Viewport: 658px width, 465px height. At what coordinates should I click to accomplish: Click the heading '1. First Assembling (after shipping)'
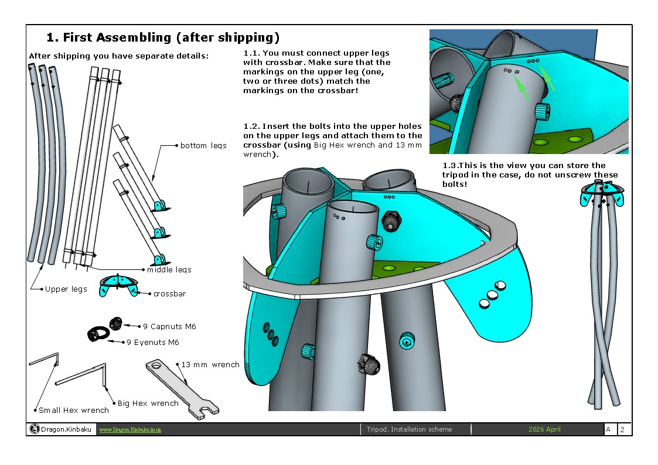coord(163,38)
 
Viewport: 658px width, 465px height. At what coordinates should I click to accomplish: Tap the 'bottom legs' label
coord(203,145)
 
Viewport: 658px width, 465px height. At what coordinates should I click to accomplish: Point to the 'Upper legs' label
coord(66,289)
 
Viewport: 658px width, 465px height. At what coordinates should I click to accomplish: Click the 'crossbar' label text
coord(169,293)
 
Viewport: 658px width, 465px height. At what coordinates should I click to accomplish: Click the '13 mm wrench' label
coord(210,364)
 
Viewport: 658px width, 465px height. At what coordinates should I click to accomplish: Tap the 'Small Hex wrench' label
coord(74,410)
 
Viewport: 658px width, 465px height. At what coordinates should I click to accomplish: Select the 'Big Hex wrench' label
coord(148,403)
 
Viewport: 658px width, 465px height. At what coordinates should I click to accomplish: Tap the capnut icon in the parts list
coord(116,323)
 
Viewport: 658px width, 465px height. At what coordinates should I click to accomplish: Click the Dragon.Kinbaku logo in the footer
coord(35,429)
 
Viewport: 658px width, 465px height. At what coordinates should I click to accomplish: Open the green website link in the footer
coord(129,430)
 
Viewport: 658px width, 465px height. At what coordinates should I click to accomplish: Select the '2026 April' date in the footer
coord(544,429)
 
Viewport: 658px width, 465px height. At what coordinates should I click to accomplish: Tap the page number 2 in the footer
coord(622,429)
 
